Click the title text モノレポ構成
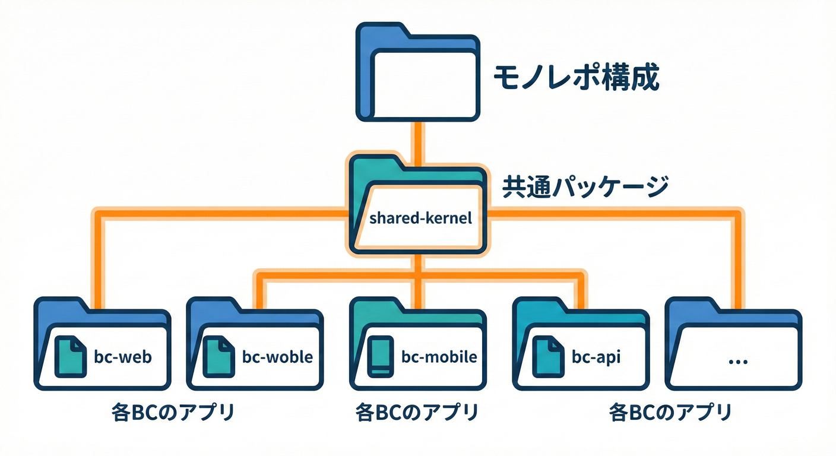pyautogui.click(x=577, y=78)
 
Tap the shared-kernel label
pyautogui.click(x=420, y=218)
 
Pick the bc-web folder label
pyautogui.click(x=123, y=357)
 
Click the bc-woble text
pyautogui.click(x=277, y=357)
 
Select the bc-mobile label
pyautogui.click(x=439, y=357)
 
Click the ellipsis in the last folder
pyautogui.click(x=737, y=360)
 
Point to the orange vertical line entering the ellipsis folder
pyautogui.click(x=737, y=261)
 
